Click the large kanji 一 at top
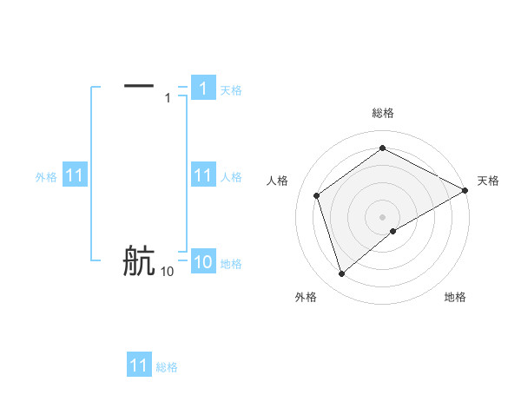coord(139,85)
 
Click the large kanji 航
coord(139,260)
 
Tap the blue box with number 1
coord(202,89)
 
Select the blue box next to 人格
coord(202,176)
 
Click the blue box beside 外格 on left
coord(75,176)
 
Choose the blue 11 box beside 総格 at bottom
coord(139,365)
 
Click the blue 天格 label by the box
coord(231,89)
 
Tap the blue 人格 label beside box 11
coord(231,177)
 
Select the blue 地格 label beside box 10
coord(231,264)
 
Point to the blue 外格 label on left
coord(46,177)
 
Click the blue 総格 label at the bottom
coord(167,367)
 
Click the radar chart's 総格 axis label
coord(383,113)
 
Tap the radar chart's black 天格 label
coord(489,181)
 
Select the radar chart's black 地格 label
coord(455,297)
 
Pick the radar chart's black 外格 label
coord(306,297)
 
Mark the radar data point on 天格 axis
coord(466,190)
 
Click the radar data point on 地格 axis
coord(393,231)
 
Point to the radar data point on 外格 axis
coord(342,274)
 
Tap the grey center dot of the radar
coord(383,216)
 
